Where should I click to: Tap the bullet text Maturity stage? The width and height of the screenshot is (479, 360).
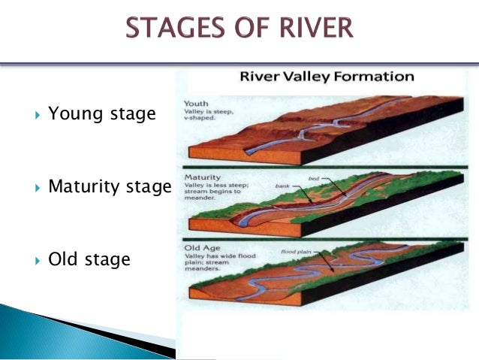point(110,186)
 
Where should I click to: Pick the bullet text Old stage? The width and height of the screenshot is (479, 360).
point(89,259)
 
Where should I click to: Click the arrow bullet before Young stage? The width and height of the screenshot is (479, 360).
point(37,116)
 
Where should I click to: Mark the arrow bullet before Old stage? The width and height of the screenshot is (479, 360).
point(37,261)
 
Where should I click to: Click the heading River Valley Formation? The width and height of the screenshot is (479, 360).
point(326,77)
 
